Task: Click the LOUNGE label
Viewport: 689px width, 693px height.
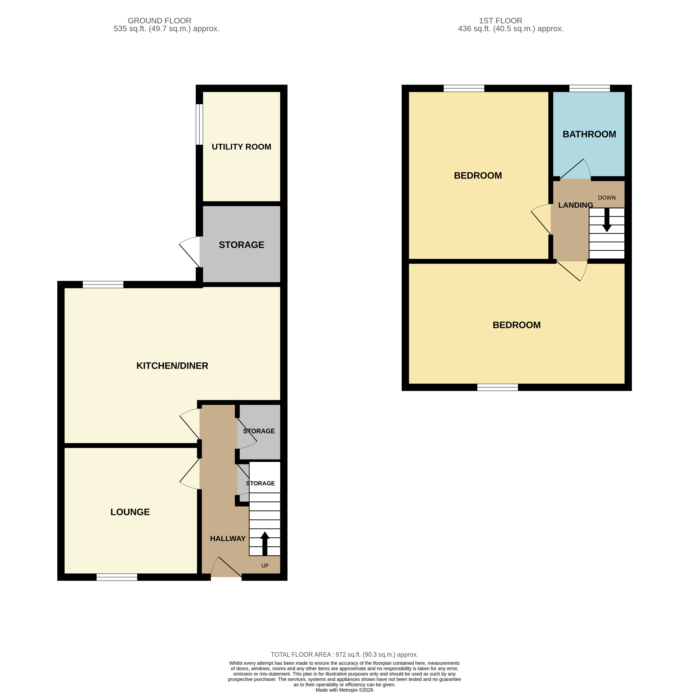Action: click(x=130, y=512)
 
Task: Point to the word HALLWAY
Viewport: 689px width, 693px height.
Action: click(x=227, y=538)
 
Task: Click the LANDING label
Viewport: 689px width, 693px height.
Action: click(x=575, y=205)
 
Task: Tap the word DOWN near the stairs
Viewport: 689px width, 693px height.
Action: click(x=606, y=198)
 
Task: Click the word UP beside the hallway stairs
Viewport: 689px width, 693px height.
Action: click(x=265, y=566)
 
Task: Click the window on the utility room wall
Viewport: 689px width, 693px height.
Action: click(x=199, y=125)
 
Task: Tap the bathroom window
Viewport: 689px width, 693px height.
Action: click(x=589, y=88)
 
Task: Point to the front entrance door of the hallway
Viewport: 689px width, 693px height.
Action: click(x=226, y=567)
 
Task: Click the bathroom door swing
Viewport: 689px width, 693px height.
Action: click(x=576, y=170)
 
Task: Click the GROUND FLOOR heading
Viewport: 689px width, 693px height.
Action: click(x=159, y=21)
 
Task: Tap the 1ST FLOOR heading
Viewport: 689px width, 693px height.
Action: click(x=500, y=21)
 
